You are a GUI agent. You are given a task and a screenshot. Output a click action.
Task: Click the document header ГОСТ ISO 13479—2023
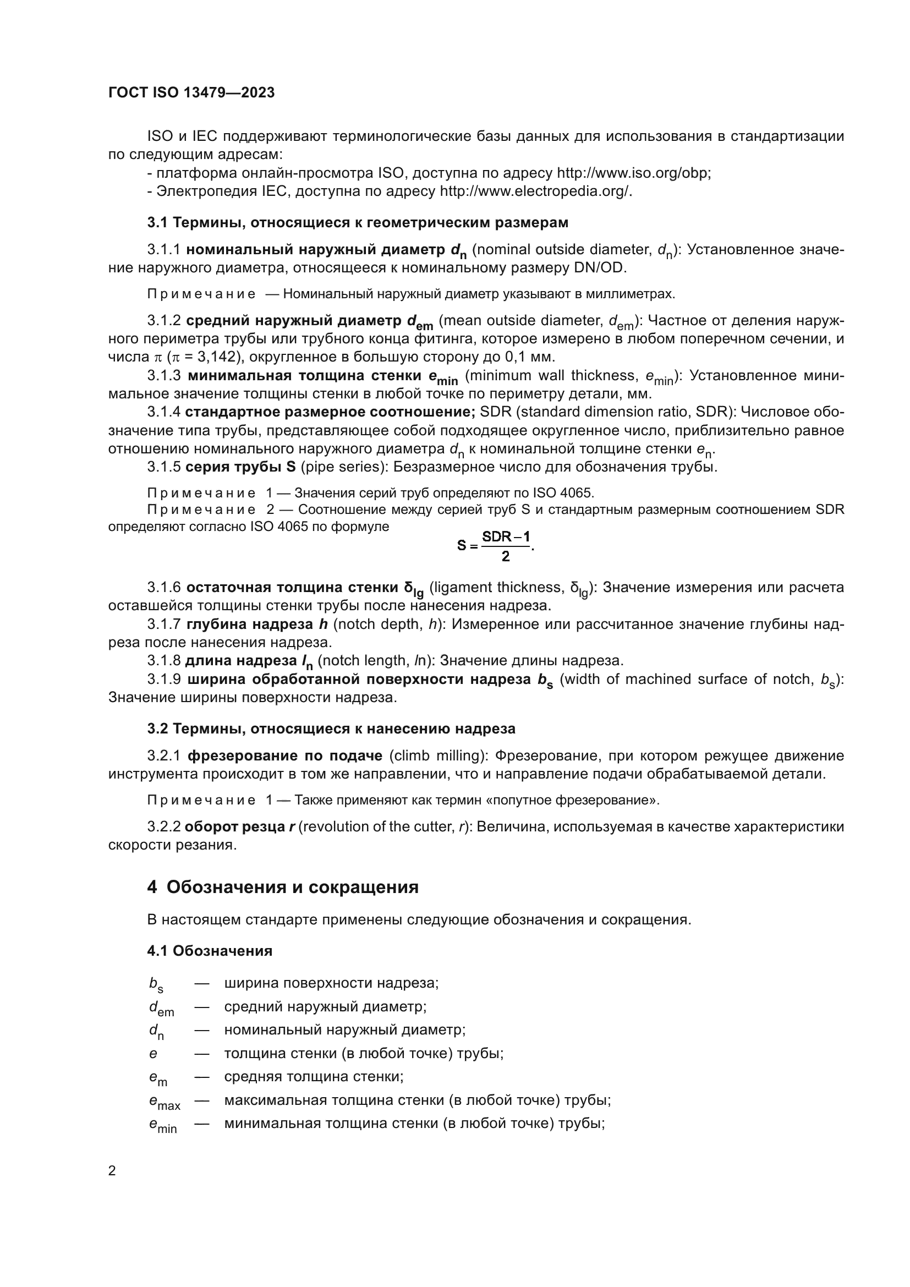pos(191,92)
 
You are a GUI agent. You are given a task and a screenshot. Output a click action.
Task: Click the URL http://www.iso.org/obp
pos(633,173)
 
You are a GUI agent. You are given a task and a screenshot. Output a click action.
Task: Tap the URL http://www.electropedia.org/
pos(535,191)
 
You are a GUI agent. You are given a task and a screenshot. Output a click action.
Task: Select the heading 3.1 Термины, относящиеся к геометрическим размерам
pos(358,222)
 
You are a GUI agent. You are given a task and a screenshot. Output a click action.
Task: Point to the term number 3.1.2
pos(164,321)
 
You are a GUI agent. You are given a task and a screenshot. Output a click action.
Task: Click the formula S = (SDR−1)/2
pos(495,545)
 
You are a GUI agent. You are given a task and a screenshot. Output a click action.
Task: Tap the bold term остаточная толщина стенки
pos(292,588)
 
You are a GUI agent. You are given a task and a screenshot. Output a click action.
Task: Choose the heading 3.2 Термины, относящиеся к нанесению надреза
pos(331,729)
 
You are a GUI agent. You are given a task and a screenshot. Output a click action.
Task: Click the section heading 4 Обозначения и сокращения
pos(282,888)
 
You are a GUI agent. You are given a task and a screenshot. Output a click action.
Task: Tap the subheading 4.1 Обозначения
pos(210,951)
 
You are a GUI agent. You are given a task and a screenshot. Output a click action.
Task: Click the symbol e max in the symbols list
pos(164,1102)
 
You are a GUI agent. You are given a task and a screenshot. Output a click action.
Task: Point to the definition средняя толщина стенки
pos(314,1076)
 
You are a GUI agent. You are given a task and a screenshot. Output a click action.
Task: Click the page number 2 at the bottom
pos(112,1170)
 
